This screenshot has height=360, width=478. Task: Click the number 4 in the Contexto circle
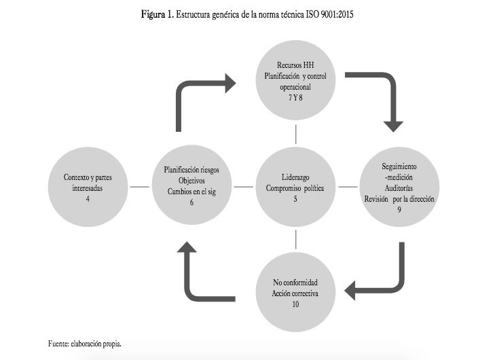point(88,199)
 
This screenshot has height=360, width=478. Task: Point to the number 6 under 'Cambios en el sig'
point(192,202)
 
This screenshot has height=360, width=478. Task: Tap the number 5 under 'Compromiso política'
point(296,199)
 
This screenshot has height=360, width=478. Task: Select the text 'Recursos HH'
point(295,65)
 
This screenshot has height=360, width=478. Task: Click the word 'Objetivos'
point(192,181)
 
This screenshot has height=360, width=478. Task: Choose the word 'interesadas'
point(88,188)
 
